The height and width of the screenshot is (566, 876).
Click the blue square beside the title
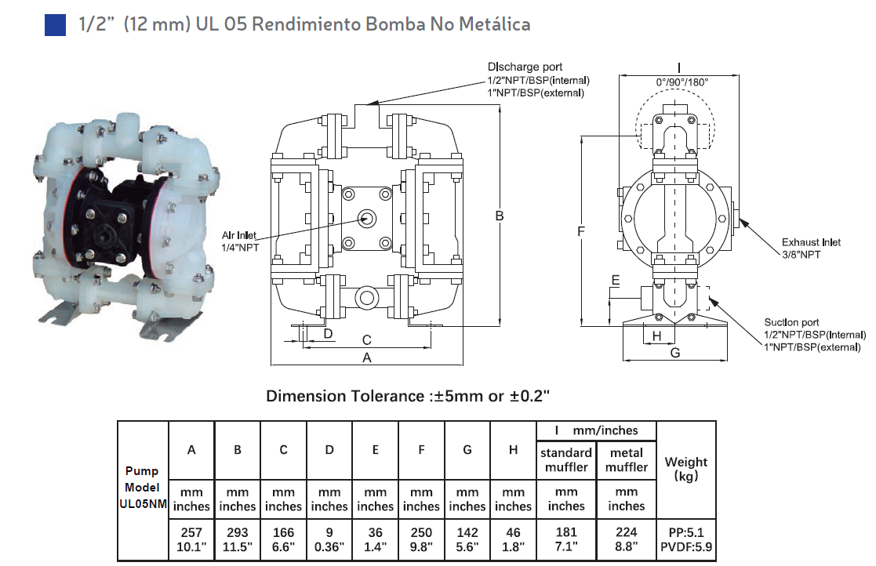click(x=55, y=25)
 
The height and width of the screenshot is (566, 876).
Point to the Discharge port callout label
click(x=538, y=80)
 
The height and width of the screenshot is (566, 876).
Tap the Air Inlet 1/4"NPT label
click(x=240, y=241)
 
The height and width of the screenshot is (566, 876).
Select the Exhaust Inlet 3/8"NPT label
click(x=811, y=249)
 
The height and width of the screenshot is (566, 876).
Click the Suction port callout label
click(x=815, y=335)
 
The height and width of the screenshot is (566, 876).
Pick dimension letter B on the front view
click(x=500, y=216)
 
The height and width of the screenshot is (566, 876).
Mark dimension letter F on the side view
click(x=581, y=231)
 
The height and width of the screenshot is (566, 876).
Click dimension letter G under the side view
click(x=675, y=353)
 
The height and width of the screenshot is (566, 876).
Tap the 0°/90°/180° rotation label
click(x=682, y=82)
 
